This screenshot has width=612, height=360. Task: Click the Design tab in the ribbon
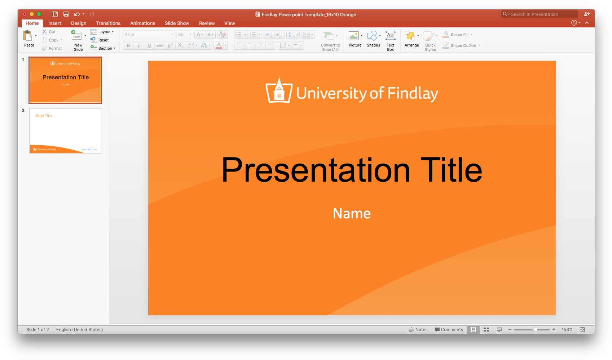point(79,23)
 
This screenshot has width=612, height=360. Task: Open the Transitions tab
point(108,23)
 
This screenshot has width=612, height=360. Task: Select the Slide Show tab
point(177,23)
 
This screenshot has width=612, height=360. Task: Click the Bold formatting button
point(128,45)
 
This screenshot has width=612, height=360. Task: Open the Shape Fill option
point(459,35)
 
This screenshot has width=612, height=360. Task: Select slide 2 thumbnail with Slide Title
point(65,131)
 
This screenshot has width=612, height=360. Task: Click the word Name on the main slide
point(352,214)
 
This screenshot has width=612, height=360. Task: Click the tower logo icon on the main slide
point(279,90)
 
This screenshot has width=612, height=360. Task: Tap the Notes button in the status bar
point(418,330)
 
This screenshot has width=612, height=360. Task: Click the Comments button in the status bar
point(449,330)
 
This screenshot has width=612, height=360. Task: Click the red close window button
point(25,14)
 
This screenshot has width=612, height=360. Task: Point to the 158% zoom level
point(567,330)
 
